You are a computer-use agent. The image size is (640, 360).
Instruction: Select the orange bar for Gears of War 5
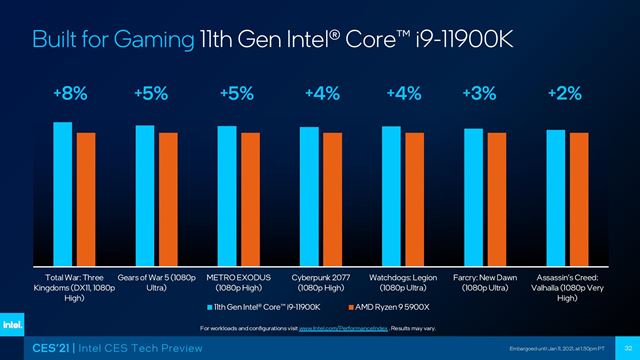(168, 195)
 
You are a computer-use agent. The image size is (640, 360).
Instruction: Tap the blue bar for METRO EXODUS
(227, 192)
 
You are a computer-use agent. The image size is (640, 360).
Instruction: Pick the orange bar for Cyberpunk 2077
(332, 195)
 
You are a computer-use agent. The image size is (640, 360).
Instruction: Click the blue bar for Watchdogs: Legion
(391, 192)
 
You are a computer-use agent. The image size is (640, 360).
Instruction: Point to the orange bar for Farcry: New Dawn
(496, 195)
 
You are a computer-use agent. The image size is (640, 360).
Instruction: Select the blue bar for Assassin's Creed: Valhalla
(555, 194)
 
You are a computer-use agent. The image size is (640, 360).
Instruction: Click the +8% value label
(70, 93)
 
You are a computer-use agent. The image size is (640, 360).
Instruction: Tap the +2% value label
(563, 93)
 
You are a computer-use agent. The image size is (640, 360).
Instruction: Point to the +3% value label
(480, 93)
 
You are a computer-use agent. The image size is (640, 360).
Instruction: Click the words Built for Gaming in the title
(110, 39)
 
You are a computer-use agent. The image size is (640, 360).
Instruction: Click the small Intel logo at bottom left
(17, 325)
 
